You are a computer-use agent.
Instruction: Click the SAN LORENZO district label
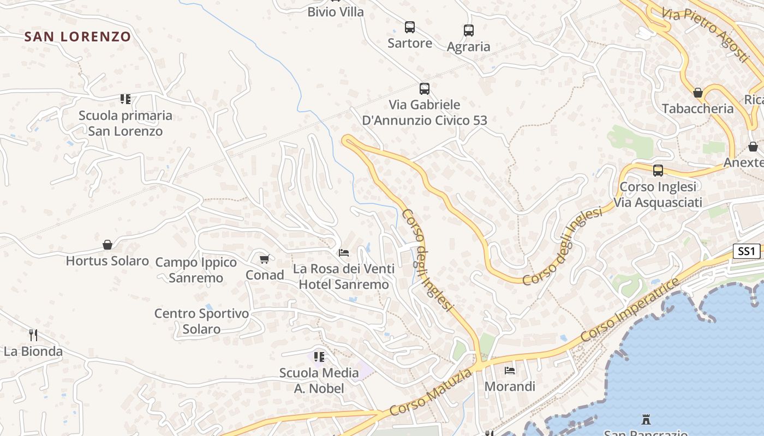pyautogui.click(x=77, y=37)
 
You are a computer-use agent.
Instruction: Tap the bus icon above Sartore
pyautogui.click(x=409, y=27)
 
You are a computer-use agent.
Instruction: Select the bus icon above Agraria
pyautogui.click(x=468, y=31)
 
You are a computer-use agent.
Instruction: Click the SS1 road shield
pyautogui.click(x=746, y=251)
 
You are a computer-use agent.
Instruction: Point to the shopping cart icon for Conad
pyautogui.click(x=264, y=259)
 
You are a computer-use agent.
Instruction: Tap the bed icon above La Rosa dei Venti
pyautogui.click(x=344, y=253)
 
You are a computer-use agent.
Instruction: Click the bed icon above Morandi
pyautogui.click(x=510, y=371)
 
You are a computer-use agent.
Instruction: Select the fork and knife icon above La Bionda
pyautogui.click(x=33, y=335)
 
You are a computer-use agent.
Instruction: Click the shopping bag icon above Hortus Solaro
pyautogui.click(x=108, y=245)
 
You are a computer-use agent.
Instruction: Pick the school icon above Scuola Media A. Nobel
pyautogui.click(x=319, y=357)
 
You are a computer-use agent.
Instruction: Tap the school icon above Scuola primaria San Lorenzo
pyautogui.click(x=126, y=99)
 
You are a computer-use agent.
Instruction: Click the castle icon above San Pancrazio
pyautogui.click(x=646, y=420)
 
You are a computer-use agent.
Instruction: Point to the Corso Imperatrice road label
pyautogui.click(x=630, y=310)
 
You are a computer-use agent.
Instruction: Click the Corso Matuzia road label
pyautogui.click(x=431, y=393)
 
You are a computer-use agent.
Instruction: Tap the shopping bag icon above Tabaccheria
pyautogui.click(x=697, y=93)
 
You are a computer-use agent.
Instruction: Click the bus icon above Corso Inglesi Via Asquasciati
pyautogui.click(x=658, y=170)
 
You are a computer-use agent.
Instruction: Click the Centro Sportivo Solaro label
pyautogui.click(x=201, y=321)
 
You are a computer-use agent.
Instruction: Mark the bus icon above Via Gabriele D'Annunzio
pyautogui.click(x=424, y=88)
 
